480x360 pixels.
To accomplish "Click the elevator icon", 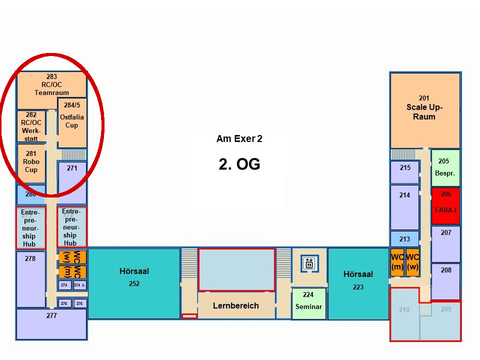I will [309, 263].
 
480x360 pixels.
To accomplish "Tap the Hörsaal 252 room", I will [134, 283].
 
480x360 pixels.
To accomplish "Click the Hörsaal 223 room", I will [358, 283].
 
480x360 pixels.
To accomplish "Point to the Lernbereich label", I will [236, 305].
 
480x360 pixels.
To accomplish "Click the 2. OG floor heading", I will [239, 164].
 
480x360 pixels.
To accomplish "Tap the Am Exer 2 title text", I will [239, 138].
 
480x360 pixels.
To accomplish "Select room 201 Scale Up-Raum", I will [424, 110].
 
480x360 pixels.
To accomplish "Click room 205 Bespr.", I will [444, 167].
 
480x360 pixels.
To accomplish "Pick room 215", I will [404, 172].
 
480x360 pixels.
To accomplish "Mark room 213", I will [404, 239].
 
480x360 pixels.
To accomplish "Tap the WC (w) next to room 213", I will [412, 261].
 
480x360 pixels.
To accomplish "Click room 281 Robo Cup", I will [31, 163].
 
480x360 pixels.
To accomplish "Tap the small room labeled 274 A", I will [79, 285].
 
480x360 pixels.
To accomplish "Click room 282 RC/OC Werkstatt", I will [31, 126].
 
